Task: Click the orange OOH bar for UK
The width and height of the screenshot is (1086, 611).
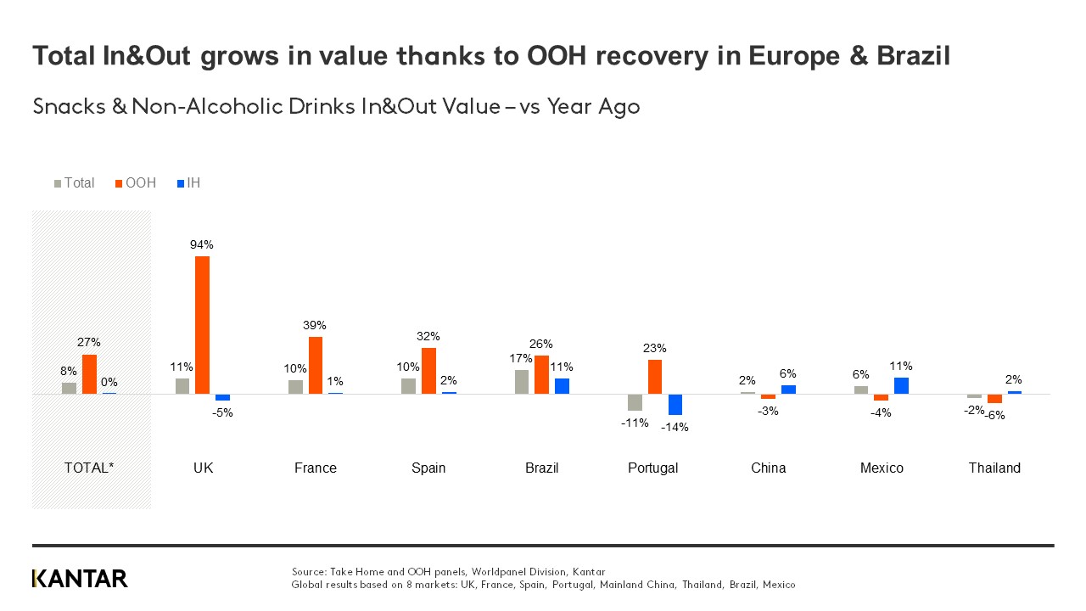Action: [x=202, y=325]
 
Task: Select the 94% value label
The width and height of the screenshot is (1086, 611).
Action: [x=202, y=244]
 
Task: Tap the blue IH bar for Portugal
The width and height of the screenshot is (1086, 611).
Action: [x=675, y=405]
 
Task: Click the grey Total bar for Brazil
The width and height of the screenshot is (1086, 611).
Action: [x=522, y=382]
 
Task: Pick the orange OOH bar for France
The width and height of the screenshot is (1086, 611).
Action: [x=316, y=366]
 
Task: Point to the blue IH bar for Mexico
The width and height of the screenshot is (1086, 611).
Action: [x=901, y=386]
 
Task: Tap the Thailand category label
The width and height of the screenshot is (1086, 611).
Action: [x=994, y=468]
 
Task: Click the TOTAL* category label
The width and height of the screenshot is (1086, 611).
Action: [x=89, y=468]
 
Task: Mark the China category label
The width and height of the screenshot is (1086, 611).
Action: [x=768, y=468]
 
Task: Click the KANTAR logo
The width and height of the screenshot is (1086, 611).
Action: [x=80, y=579]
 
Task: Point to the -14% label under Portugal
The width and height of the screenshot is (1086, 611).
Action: [x=675, y=427]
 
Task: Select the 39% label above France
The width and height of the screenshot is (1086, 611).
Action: [x=316, y=325]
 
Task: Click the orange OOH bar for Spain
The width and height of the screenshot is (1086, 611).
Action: [x=428, y=372]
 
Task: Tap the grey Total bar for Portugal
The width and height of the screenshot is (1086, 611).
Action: [x=635, y=402]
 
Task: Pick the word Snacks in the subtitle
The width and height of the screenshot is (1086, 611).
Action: [x=68, y=107]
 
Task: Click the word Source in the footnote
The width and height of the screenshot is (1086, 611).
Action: [x=309, y=572]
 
